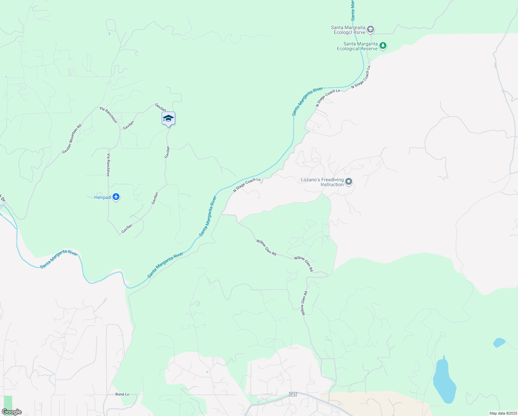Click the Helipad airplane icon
click(x=116, y=197)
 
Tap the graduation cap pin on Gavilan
click(x=169, y=119)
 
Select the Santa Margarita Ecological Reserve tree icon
click(x=383, y=46)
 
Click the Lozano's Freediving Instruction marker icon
click(x=349, y=182)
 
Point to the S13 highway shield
click(x=293, y=394)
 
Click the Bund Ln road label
click(x=122, y=395)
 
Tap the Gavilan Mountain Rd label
click(x=72, y=139)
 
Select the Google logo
click(x=11, y=412)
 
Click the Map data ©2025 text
click(x=503, y=413)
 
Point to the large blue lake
click(x=444, y=381)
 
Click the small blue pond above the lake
click(x=499, y=343)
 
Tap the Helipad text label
click(x=102, y=198)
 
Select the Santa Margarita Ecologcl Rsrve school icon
click(x=370, y=29)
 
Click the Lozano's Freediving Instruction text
click(x=322, y=182)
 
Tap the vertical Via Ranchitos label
click(x=108, y=165)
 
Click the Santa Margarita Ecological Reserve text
click(x=358, y=46)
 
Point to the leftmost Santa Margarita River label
click(x=59, y=259)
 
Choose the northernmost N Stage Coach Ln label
click(x=361, y=77)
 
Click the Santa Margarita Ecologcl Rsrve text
click(x=348, y=30)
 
